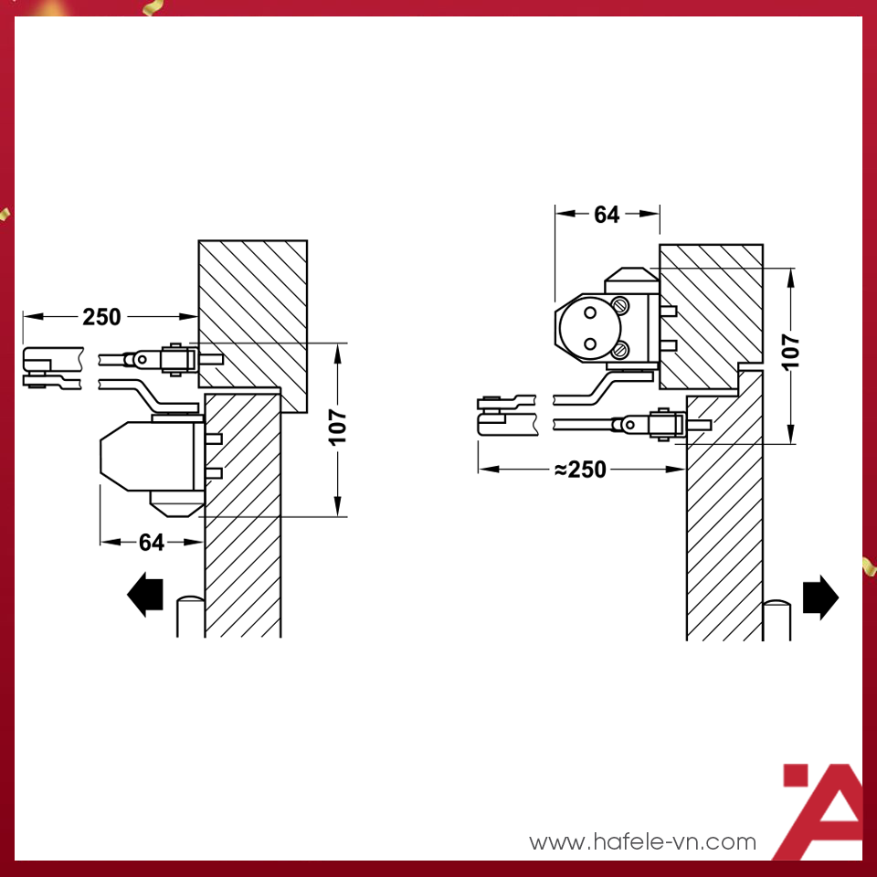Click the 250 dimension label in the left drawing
pyautogui.click(x=101, y=317)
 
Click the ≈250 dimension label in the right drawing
pyautogui.click(x=580, y=470)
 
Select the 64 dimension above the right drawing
pyautogui.click(x=607, y=214)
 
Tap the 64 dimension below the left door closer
pyautogui.click(x=152, y=542)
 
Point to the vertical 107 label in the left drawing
pyautogui.click(x=338, y=428)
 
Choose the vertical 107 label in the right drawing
pyautogui.click(x=791, y=352)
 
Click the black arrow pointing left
pyautogui.click(x=145, y=594)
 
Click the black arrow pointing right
pyautogui.click(x=820, y=597)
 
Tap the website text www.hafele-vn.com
pyautogui.click(x=642, y=841)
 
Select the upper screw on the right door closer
pyautogui.click(x=619, y=305)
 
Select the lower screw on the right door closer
pyautogui.click(x=619, y=351)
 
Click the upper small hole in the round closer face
pyautogui.click(x=590, y=313)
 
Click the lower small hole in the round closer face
pyautogui.click(x=590, y=343)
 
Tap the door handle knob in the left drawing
pyautogui.click(x=191, y=616)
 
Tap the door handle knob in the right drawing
pyautogui.click(x=777, y=619)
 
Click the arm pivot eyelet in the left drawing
pyautogui.click(x=142, y=359)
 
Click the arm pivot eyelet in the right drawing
pyautogui.click(x=629, y=425)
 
